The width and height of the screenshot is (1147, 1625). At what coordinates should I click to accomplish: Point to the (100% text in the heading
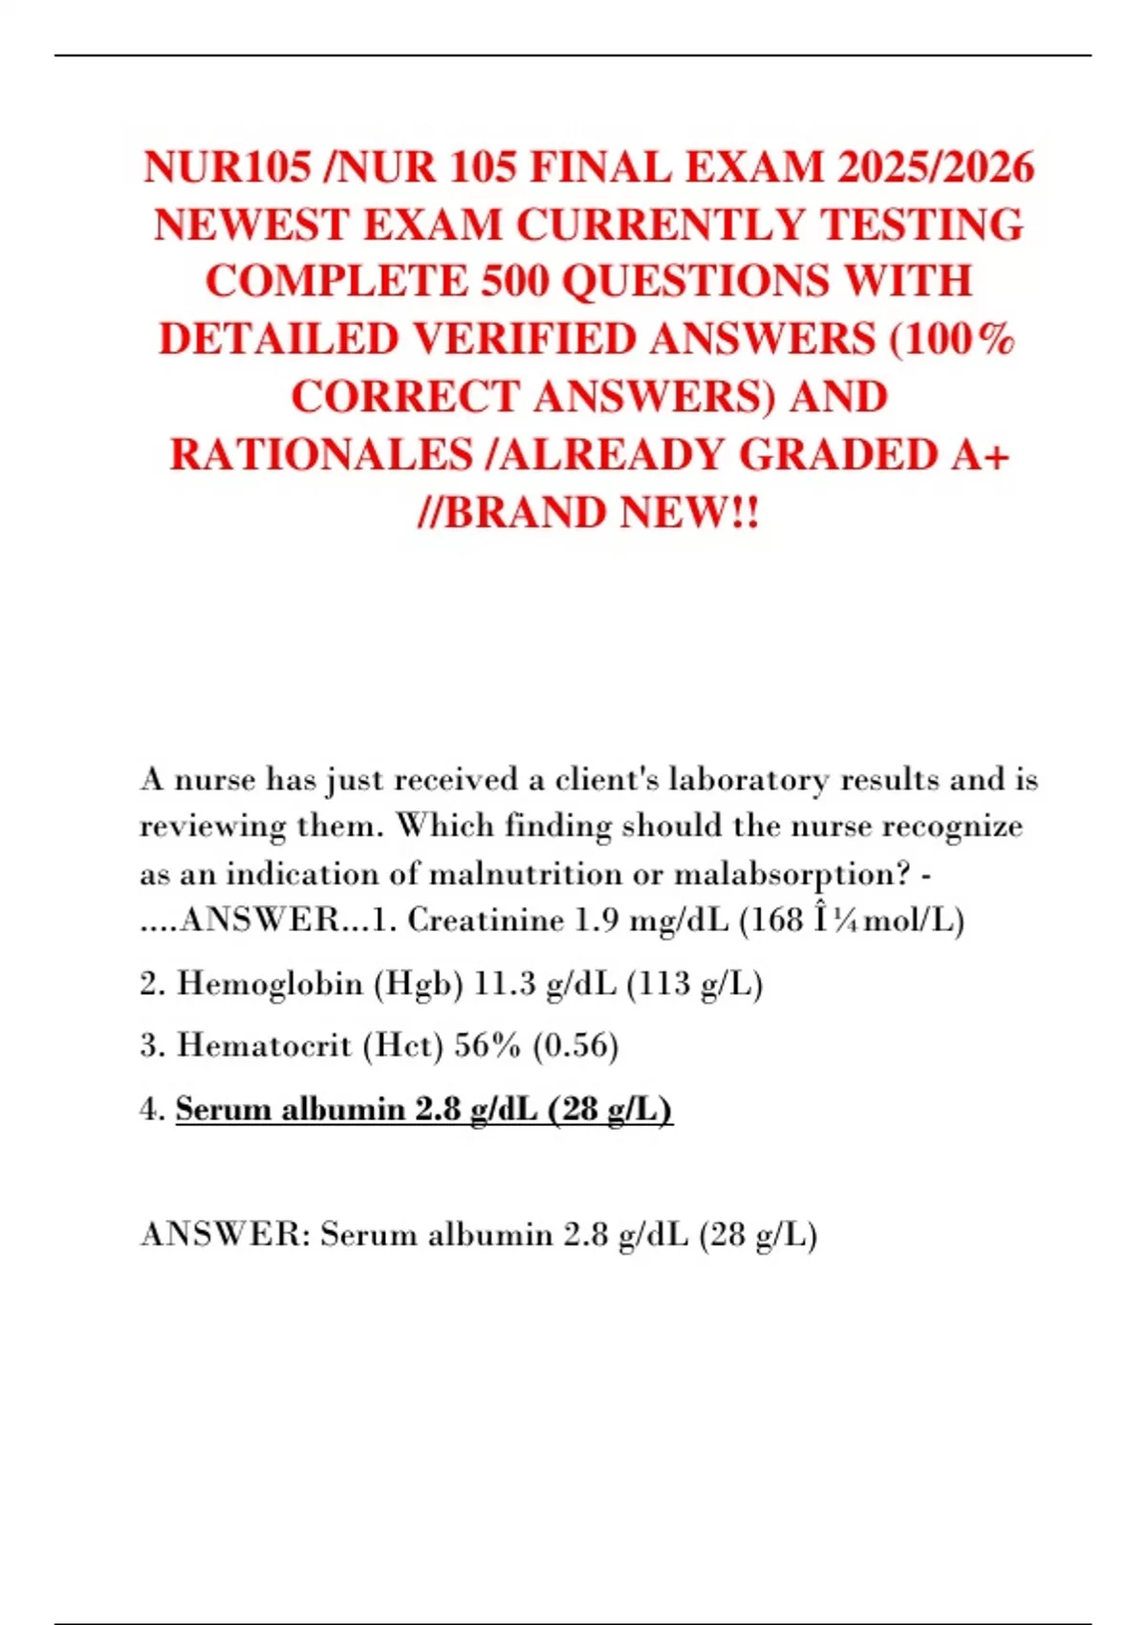click(x=952, y=339)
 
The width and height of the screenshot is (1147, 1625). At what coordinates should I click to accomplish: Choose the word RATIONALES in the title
click(x=321, y=455)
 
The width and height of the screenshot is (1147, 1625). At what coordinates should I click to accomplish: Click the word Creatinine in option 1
click(x=486, y=920)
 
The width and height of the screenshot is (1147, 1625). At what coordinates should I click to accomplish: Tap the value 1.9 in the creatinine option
click(x=596, y=920)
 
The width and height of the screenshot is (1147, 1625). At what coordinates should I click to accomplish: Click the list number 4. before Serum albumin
click(x=153, y=1109)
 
